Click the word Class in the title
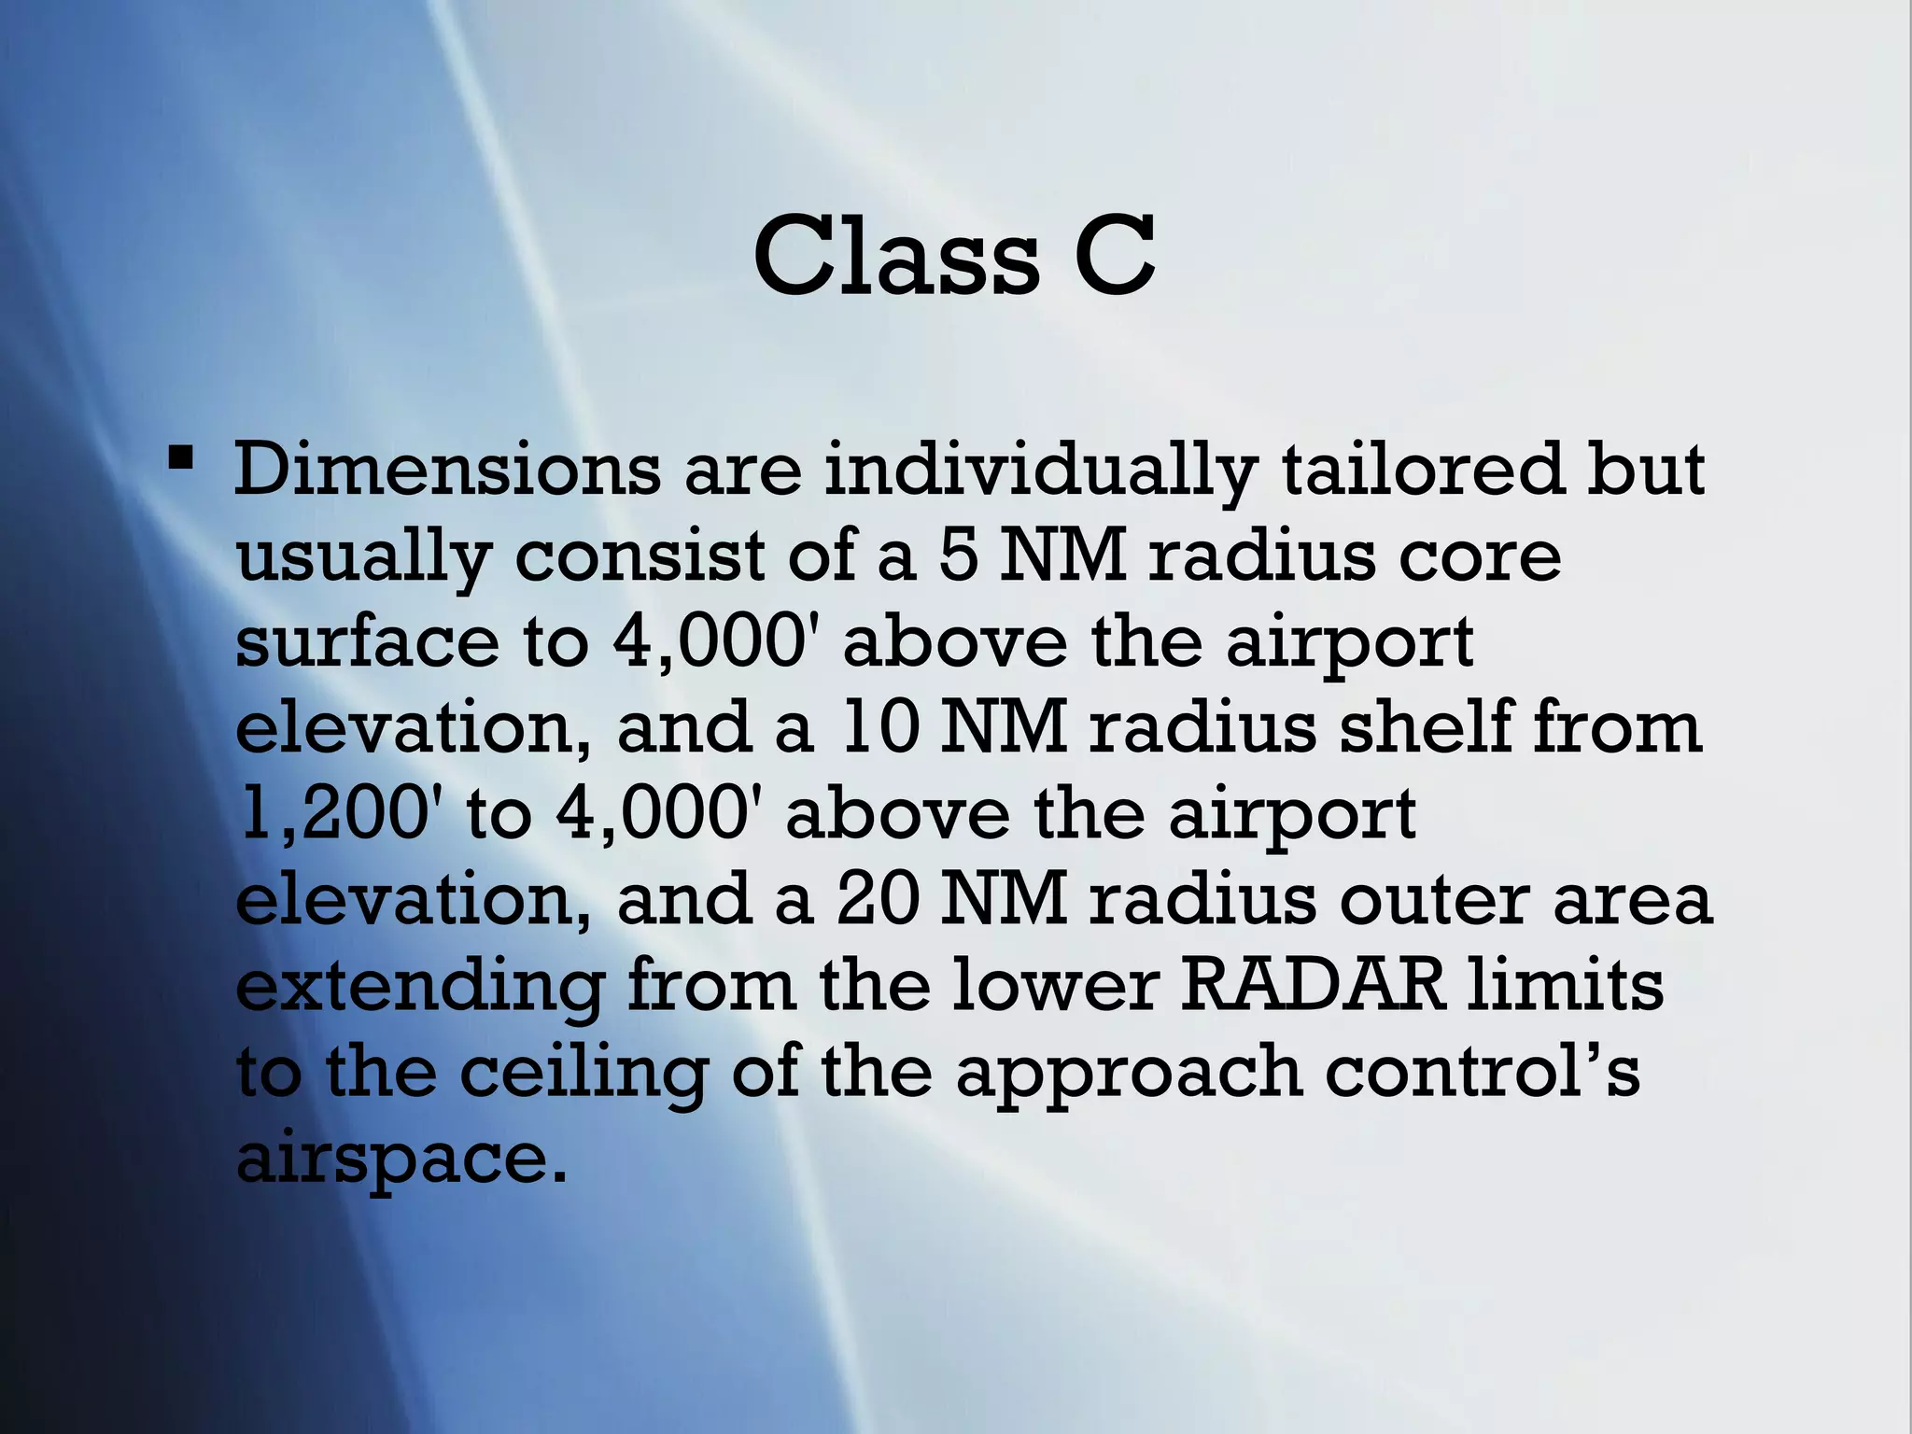895,255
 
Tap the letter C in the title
1115,255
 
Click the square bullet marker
180,459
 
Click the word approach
1128,1074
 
